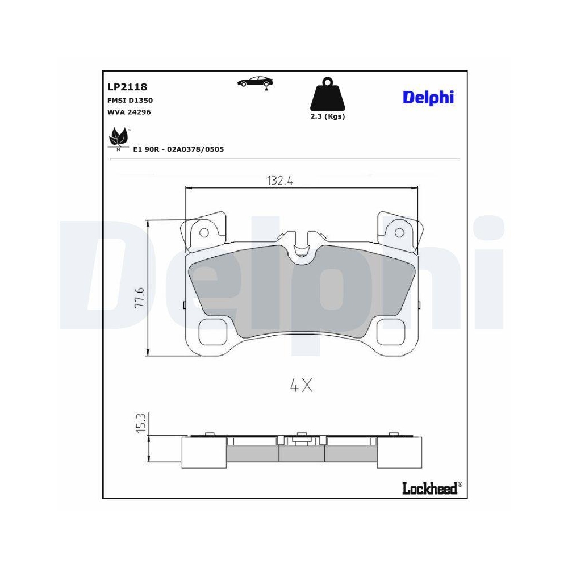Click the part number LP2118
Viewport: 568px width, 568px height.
(x=127, y=87)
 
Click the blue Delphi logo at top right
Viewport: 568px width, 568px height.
(x=428, y=97)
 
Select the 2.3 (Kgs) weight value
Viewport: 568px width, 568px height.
(x=328, y=116)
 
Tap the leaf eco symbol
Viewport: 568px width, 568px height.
(x=118, y=137)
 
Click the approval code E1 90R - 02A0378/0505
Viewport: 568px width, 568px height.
(x=178, y=149)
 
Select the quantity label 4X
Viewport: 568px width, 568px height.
(x=301, y=386)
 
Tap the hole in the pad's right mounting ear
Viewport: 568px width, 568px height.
(x=399, y=232)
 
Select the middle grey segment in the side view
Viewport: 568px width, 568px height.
(x=302, y=453)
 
